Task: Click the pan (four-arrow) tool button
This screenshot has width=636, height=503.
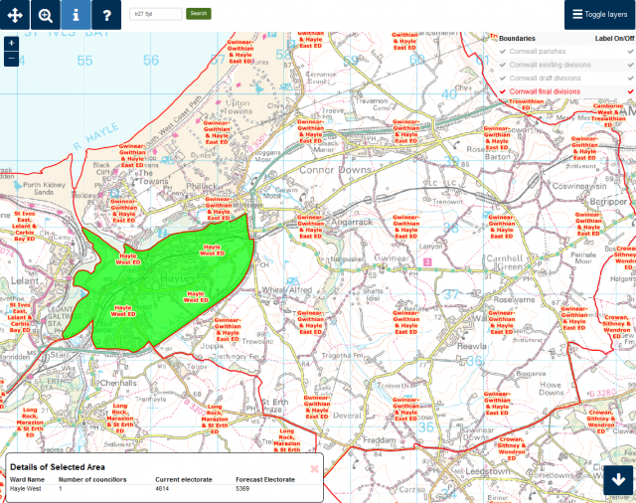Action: point(15,15)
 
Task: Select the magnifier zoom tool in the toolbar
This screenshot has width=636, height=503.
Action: point(46,15)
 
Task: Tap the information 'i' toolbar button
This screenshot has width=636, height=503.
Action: point(76,15)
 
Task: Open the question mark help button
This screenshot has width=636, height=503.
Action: point(106,15)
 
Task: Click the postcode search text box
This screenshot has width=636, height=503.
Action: point(157,14)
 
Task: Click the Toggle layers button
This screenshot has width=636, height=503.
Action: point(599,15)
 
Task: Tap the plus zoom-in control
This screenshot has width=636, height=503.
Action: point(11,44)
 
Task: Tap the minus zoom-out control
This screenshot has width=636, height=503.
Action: point(11,58)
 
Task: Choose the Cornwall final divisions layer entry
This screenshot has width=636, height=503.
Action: point(545,90)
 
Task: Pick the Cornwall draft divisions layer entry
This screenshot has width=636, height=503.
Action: point(545,78)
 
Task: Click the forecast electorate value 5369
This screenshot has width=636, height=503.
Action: point(249,489)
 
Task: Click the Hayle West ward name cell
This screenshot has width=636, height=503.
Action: point(28,489)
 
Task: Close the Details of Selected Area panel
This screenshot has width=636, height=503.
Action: point(315,468)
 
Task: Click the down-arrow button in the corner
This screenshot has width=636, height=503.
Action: point(619,480)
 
